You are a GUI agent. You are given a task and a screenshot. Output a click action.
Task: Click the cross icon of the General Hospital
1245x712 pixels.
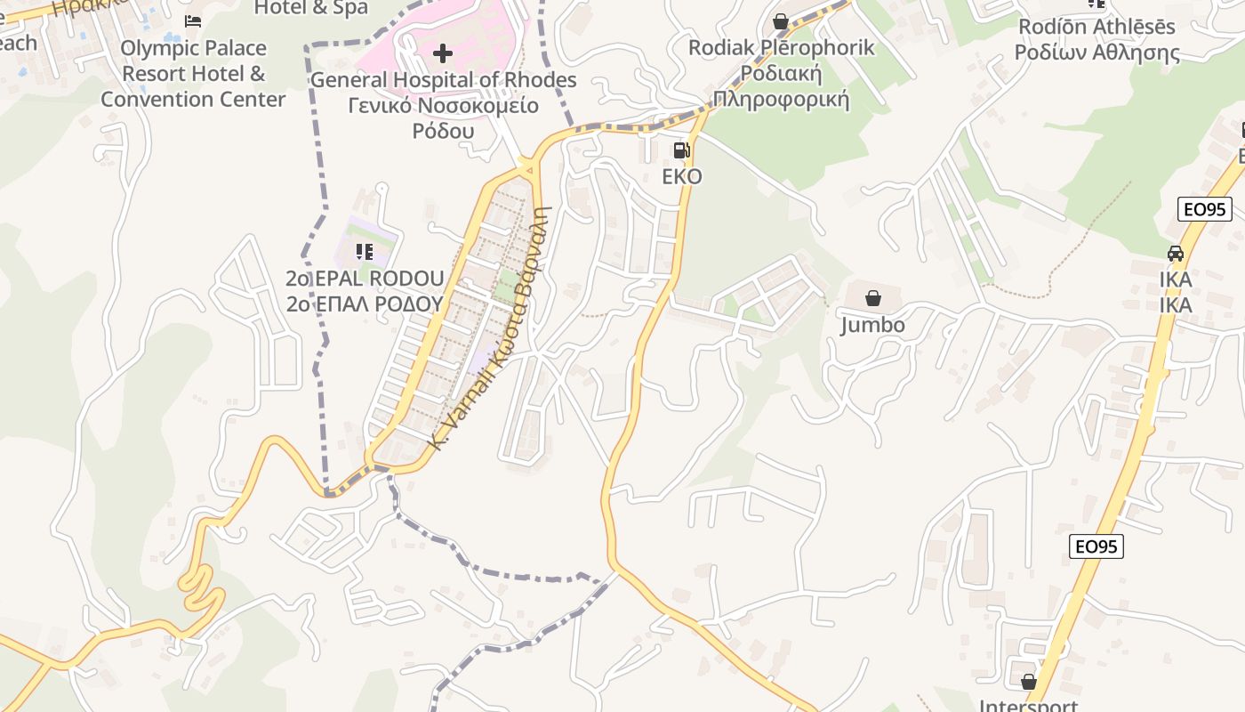point(442,53)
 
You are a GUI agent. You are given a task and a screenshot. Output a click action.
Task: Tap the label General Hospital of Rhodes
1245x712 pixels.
point(443,80)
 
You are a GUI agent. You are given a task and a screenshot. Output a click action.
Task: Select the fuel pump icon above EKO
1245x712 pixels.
point(681,150)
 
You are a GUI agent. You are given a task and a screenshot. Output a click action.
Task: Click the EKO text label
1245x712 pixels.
point(682,176)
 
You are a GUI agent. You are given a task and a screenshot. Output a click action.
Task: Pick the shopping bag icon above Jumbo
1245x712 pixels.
point(873,298)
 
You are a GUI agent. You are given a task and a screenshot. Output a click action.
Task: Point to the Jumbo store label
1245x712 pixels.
point(873,325)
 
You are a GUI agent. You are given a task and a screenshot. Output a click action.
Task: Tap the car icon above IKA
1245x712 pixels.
point(1176,253)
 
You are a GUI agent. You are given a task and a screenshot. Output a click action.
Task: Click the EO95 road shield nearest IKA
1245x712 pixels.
point(1205,210)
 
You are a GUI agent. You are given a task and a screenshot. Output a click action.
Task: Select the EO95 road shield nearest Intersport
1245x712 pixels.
point(1096,546)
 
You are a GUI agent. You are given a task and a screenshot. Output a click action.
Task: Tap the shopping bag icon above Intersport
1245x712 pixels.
point(1029,682)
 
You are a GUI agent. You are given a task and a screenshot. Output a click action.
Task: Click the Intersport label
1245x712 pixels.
point(1029,705)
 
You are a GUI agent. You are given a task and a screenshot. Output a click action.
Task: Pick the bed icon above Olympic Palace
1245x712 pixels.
point(192,21)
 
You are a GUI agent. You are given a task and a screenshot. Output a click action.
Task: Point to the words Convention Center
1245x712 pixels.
point(193,99)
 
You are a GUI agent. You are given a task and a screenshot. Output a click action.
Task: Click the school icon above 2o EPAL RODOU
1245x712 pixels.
point(364,252)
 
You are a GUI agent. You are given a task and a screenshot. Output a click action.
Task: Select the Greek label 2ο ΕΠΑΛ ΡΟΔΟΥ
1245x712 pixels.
point(365,303)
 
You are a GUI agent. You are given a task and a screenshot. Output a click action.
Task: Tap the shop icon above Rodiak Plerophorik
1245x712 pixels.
point(781,21)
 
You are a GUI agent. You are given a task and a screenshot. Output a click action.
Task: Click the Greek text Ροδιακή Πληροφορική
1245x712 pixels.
point(781,86)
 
